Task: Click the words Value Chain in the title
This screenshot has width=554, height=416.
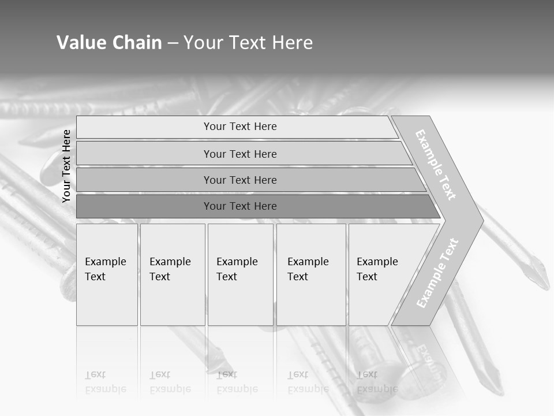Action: (x=109, y=43)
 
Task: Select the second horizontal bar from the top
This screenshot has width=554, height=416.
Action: (x=240, y=154)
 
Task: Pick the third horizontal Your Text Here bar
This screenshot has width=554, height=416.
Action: (x=240, y=180)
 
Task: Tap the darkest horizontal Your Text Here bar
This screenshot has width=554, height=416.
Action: (x=240, y=206)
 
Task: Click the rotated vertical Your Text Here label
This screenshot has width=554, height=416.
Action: (x=66, y=166)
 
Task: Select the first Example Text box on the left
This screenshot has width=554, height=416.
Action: (x=107, y=274)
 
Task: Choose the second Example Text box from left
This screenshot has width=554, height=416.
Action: (x=172, y=274)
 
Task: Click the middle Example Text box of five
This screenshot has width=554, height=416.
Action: (x=240, y=274)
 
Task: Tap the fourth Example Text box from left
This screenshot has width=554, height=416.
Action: (x=310, y=274)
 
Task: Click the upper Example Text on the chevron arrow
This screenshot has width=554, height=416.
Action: (x=436, y=165)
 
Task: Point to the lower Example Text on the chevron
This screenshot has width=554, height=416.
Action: (x=437, y=273)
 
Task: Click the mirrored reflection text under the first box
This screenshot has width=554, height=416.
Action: (x=106, y=382)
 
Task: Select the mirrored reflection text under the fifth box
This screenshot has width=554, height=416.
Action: (x=377, y=382)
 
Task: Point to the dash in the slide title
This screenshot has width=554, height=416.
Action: (x=173, y=43)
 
